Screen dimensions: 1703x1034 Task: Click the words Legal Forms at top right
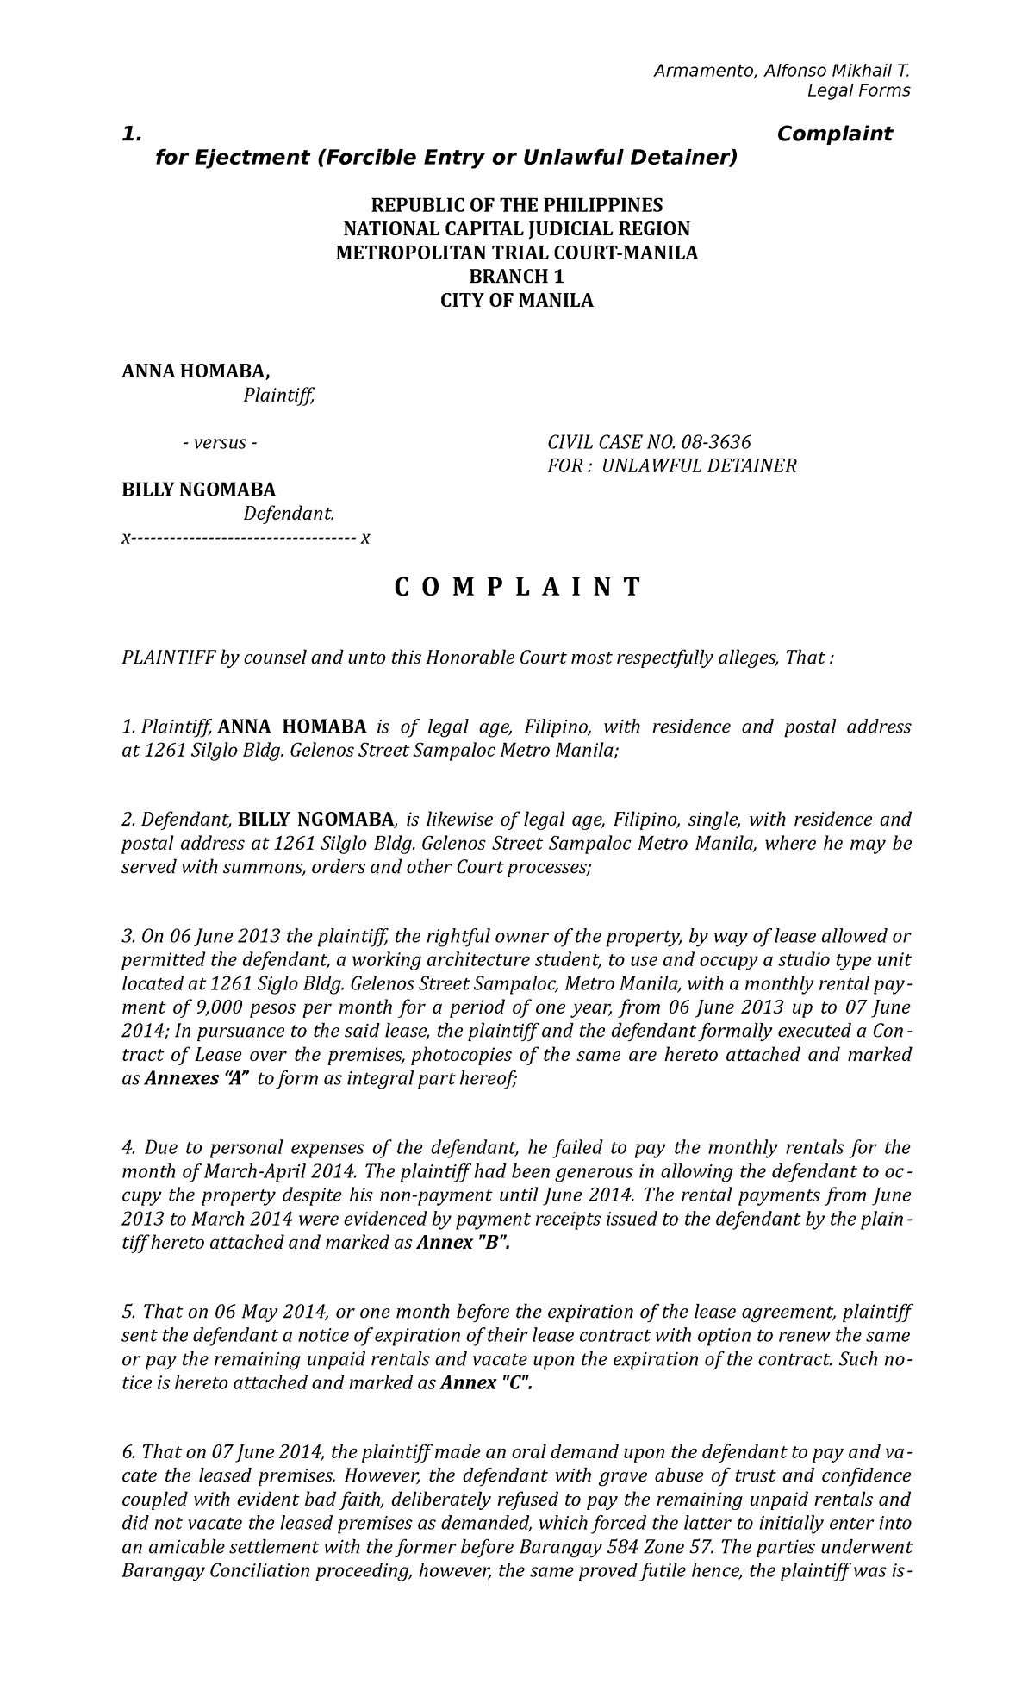coord(857,91)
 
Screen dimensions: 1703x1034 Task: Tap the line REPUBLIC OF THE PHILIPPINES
coord(516,205)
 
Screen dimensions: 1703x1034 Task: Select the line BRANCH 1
coord(516,277)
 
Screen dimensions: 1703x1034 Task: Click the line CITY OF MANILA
coord(516,301)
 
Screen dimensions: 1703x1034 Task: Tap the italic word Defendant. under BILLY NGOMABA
coord(288,514)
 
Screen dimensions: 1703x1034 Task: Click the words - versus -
coord(220,443)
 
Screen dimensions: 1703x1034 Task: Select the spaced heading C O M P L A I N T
coord(517,588)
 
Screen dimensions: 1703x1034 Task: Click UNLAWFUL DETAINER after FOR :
coord(699,466)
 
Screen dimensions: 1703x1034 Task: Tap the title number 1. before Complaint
coord(131,134)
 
